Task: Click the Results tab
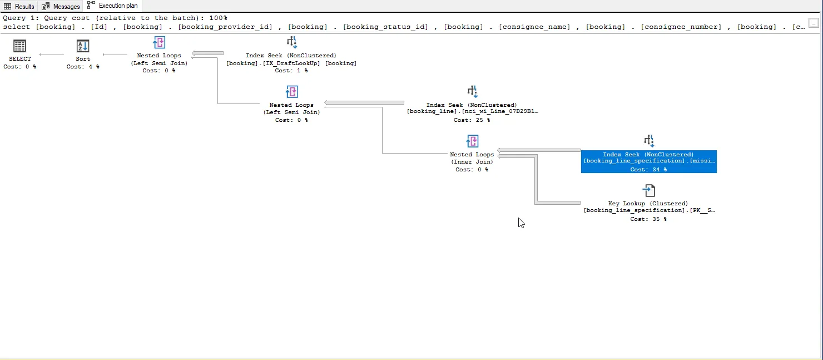19,6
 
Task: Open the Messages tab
61,6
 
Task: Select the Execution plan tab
112,6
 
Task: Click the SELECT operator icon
20,46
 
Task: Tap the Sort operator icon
83,46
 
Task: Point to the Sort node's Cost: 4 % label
83,67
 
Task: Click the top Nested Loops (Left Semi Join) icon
159,43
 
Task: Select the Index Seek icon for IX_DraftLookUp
292,42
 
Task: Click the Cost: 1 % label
291,71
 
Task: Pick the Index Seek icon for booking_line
472,92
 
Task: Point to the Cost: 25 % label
472,120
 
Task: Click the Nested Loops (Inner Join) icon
472,141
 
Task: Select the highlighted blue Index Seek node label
648,161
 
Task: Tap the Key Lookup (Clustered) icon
649,190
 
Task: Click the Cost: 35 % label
648,219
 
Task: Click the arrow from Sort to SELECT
51,55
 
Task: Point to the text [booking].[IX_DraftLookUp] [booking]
291,63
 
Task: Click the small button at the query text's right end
814,23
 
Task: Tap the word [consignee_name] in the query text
534,27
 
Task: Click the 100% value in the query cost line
218,18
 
